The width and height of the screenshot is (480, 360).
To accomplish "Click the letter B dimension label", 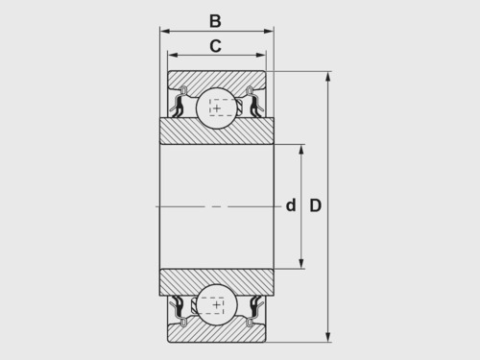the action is tap(215, 21).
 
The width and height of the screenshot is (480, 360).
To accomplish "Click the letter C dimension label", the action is tap(215, 46).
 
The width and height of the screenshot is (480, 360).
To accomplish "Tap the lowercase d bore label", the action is tap(291, 205).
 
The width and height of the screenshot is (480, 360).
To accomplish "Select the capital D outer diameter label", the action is tap(315, 205).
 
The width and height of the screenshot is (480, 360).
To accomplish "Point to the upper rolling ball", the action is tap(217, 108).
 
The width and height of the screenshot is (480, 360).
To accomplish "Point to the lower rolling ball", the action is tap(217, 304).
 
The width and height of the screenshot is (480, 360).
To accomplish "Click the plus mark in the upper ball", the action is tap(217, 108).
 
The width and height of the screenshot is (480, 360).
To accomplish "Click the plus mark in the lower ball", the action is tap(217, 304).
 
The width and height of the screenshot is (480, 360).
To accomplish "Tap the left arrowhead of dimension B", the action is tap(164, 31).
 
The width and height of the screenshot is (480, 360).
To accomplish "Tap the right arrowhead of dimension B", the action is tap(269, 31).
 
